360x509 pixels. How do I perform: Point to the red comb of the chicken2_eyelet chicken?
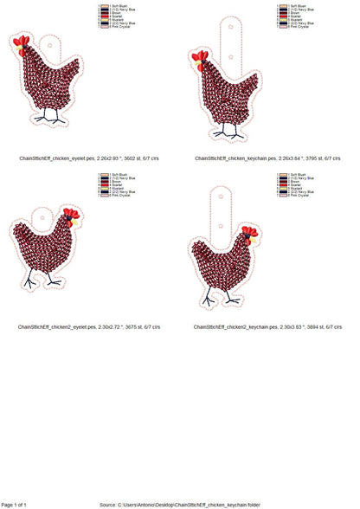pyautogui.click(x=71, y=213)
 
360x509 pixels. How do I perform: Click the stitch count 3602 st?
pyautogui.click(x=130, y=158)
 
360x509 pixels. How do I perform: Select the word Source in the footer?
pyautogui.click(x=108, y=504)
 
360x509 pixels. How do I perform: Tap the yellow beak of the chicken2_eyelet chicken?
pyautogui.click(x=79, y=222)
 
